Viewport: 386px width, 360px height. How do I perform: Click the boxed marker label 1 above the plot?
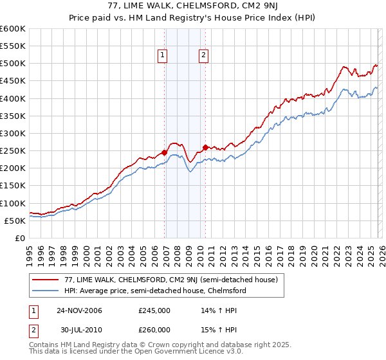pyautogui.click(x=162, y=56)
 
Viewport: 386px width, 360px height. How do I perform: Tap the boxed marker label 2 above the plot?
pyautogui.click(x=203, y=56)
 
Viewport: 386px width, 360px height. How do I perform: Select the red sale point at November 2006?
pyautogui.click(x=165, y=152)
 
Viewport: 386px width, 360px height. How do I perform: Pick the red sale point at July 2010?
pyautogui.click(x=205, y=147)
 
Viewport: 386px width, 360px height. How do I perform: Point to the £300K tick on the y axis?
pyautogui.click(x=13, y=134)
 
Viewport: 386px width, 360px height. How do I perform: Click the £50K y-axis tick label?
pyautogui.click(x=15, y=221)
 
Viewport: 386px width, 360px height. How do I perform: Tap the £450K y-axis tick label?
pyautogui.click(x=13, y=81)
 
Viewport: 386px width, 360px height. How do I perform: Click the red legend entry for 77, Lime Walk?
pyautogui.click(x=170, y=280)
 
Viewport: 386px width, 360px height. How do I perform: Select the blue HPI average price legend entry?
pyautogui.click(x=155, y=291)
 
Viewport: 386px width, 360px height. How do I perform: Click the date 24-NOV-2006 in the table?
pyautogui.click(x=79, y=310)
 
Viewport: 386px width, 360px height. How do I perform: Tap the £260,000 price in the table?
pyautogui.click(x=154, y=331)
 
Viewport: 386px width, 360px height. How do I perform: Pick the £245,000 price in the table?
pyautogui.click(x=154, y=310)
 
